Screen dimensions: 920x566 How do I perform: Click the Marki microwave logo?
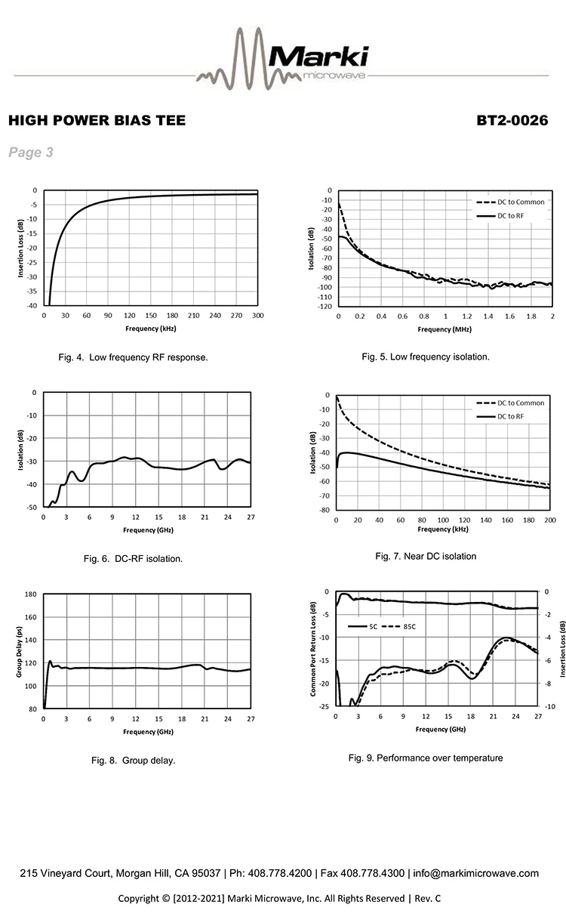(x=283, y=57)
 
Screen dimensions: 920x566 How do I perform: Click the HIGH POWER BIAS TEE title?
(x=96, y=121)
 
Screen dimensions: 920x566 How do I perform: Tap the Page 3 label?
(x=31, y=153)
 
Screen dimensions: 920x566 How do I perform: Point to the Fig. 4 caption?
(x=133, y=357)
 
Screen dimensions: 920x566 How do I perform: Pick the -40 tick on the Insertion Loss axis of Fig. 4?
(x=33, y=305)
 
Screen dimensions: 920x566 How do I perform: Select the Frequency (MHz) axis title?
(x=445, y=329)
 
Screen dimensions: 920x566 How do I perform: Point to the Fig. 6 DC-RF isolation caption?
(x=134, y=559)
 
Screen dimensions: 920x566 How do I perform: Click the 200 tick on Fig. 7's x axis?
(x=549, y=520)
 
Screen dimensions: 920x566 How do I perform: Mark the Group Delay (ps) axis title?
(x=20, y=651)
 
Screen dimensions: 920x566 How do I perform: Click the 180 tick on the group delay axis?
(x=32, y=594)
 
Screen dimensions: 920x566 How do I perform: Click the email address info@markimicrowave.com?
(x=476, y=873)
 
